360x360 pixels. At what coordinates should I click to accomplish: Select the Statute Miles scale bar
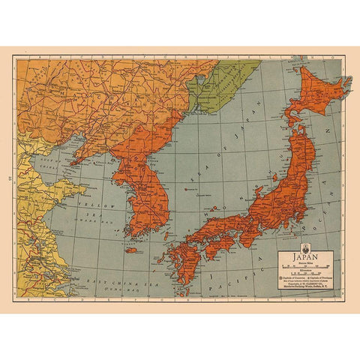coord(305,266)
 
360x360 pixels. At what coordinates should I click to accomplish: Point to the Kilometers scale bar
coord(305,272)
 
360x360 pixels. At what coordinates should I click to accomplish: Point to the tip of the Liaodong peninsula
coord(73,160)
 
